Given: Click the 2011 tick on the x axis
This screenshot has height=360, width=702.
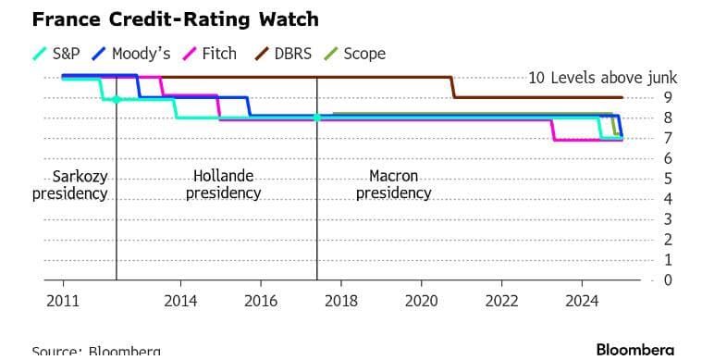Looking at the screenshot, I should [x=62, y=301].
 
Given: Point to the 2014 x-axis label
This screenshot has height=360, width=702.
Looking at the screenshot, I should [x=179, y=301].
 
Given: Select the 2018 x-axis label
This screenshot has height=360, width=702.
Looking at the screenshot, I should [x=340, y=301].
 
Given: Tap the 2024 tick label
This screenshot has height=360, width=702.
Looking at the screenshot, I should [x=582, y=301].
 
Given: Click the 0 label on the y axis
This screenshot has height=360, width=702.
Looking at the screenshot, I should [x=668, y=280].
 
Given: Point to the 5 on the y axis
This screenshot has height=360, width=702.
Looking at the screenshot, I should [x=668, y=179].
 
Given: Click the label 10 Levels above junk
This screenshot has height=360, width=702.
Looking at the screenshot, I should [x=603, y=78].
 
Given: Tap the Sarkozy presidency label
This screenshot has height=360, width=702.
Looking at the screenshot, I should [x=70, y=184].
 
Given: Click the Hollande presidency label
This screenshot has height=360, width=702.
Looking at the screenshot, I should [x=223, y=184].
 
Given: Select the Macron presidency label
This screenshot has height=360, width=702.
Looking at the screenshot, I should [x=394, y=184].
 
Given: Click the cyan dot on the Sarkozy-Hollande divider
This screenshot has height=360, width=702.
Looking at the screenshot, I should [x=117, y=99].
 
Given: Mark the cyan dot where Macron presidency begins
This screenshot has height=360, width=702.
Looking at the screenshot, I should [x=317, y=118].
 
